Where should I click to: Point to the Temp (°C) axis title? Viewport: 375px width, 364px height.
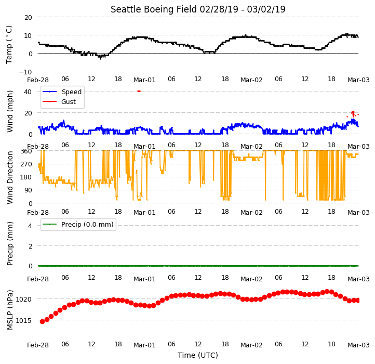click(9, 45)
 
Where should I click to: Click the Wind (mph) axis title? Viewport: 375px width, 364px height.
click(10, 111)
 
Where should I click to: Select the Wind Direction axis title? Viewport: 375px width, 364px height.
click(10, 177)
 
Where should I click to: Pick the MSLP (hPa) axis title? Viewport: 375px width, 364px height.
click(10, 310)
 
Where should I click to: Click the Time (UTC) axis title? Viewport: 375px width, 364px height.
click(198, 355)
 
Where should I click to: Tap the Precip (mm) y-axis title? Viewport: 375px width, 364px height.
click(10, 243)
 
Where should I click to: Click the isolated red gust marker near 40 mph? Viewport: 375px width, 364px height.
click(139, 91)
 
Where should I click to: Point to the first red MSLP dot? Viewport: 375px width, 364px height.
click(43, 321)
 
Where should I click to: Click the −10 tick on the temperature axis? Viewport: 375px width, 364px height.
click(25, 72)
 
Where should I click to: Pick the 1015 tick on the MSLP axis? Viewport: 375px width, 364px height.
click(23, 320)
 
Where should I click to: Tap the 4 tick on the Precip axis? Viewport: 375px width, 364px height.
click(30, 226)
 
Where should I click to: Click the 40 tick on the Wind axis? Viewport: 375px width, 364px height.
click(28, 92)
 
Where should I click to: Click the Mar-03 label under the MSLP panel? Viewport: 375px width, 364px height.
click(358, 345)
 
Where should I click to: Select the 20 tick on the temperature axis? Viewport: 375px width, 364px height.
click(28, 18)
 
